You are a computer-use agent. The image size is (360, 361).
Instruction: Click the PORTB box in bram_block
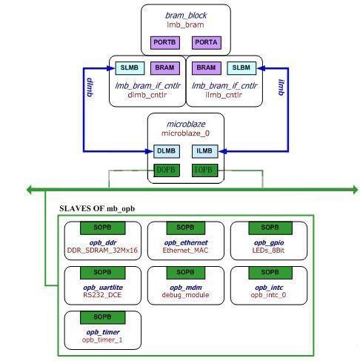click(165, 43)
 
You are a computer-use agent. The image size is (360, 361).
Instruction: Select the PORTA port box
click(207, 43)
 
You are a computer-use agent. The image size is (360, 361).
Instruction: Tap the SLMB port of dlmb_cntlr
click(130, 68)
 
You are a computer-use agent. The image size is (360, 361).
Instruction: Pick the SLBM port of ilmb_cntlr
click(241, 68)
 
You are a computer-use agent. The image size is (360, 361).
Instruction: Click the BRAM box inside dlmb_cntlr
click(165, 68)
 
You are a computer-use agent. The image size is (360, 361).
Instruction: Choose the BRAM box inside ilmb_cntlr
click(207, 68)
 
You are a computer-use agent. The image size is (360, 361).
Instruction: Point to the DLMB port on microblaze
click(167, 151)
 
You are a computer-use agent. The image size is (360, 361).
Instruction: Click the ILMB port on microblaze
click(205, 151)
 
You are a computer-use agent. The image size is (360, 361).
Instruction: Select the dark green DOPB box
click(167, 170)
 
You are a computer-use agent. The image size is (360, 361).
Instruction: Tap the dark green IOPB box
click(205, 170)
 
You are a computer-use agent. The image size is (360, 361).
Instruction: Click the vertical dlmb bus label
click(90, 87)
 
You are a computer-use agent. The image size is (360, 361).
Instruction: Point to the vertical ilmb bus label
click(281, 87)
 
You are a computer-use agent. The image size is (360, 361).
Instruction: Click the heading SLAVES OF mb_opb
click(97, 208)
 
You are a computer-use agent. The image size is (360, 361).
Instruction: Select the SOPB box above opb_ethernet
click(186, 228)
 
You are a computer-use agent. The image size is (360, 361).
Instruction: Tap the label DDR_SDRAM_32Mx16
click(102, 251)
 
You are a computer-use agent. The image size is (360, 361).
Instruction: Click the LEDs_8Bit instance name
click(268, 251)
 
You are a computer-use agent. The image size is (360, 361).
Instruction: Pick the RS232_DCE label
click(102, 295)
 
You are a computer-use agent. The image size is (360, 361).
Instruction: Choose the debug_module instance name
click(185, 295)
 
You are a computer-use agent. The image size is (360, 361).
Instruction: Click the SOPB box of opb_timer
click(103, 317)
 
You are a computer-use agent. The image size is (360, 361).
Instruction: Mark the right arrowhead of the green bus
click(356, 190)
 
